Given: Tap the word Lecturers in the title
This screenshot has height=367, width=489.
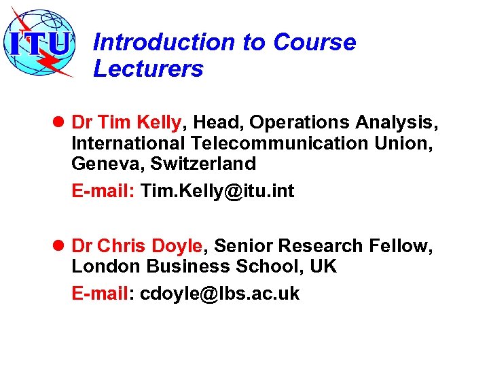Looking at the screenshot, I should pos(148,69).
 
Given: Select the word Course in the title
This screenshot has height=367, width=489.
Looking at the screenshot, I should pos(314,42).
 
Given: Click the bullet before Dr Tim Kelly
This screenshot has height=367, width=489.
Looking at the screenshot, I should pos(58,122).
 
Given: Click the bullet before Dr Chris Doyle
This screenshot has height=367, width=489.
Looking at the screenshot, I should pos(58,245).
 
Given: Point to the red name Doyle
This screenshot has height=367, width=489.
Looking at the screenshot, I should pos(177,245).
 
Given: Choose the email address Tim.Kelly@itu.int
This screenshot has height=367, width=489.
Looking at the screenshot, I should pos(217,192).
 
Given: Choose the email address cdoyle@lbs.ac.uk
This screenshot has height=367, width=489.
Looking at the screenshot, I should pos(219,294).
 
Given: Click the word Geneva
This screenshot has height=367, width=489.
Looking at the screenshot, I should pos(99,164).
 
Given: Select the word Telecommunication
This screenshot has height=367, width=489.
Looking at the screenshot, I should pos(272,143).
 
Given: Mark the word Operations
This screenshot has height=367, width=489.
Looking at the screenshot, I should pos(299,122).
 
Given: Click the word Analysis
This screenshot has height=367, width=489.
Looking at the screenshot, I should pos(396,122).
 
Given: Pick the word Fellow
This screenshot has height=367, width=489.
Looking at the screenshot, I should pos(403,245).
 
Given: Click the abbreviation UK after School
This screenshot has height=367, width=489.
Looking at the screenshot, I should pos(323,266).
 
